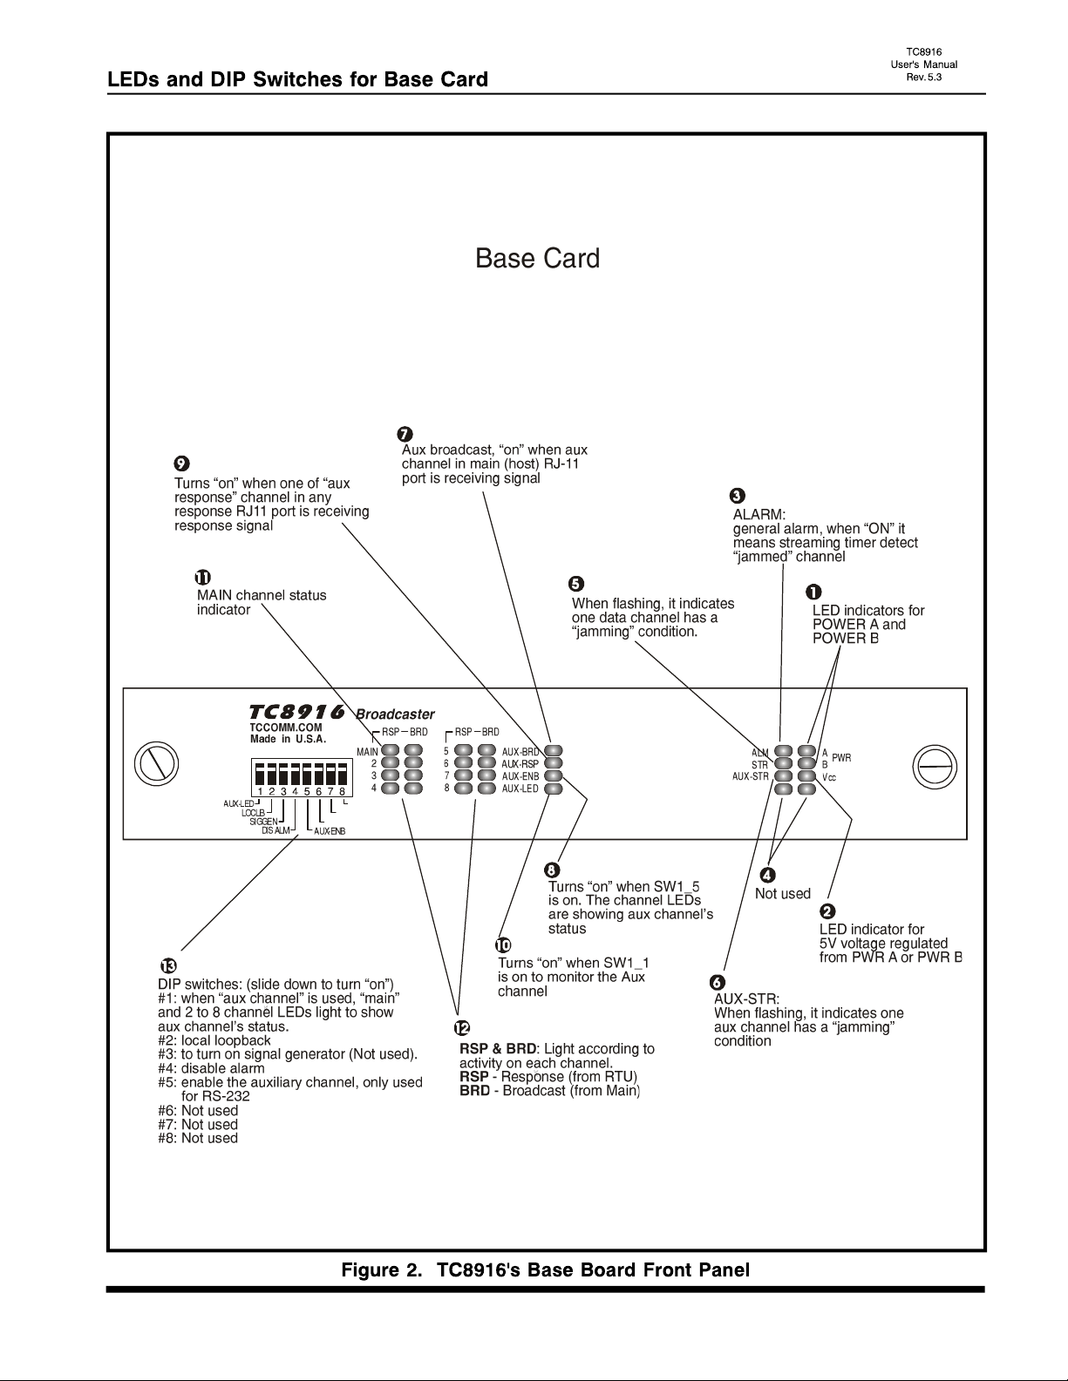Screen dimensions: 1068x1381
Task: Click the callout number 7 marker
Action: click(x=405, y=434)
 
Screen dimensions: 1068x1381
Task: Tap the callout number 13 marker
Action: click(x=168, y=966)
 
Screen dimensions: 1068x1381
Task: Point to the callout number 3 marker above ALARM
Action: click(x=738, y=496)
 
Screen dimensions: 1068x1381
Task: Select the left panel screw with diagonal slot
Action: click(x=156, y=763)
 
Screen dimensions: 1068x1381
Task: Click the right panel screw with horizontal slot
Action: click(x=935, y=767)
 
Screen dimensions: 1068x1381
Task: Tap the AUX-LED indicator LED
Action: click(x=553, y=789)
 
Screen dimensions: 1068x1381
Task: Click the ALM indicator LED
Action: click(x=783, y=751)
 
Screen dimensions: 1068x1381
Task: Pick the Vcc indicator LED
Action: click(x=806, y=776)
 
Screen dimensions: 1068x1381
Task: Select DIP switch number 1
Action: click(x=260, y=774)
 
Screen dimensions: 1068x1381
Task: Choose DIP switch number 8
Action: click(x=342, y=774)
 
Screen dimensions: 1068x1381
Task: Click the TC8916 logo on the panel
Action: click(x=297, y=712)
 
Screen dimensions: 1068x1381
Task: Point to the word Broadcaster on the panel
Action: click(x=395, y=714)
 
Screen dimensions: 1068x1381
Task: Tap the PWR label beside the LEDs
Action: click(x=841, y=757)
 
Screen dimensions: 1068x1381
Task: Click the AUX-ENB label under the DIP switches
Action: click(x=330, y=831)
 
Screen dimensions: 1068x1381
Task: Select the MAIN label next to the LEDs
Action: click(x=367, y=752)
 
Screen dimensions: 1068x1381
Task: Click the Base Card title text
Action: click(x=537, y=258)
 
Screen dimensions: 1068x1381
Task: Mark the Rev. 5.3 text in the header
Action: click(x=923, y=78)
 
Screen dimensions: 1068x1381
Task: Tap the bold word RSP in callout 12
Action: click(x=474, y=1077)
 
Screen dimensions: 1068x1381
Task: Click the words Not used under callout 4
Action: click(x=783, y=894)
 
